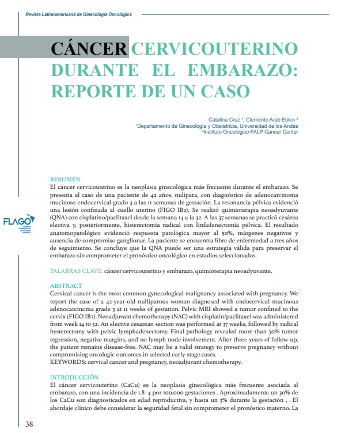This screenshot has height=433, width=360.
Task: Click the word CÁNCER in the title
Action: pyautogui.click(x=88, y=49)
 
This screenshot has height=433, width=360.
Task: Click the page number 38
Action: pyautogui.click(x=31, y=424)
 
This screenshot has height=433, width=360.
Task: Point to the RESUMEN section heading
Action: pyautogui.click(x=66, y=180)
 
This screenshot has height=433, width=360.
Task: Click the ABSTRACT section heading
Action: pyautogui.click(x=66, y=286)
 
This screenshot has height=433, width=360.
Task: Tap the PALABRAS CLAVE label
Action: pyautogui.click(x=77, y=271)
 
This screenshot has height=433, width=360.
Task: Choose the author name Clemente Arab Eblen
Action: pyautogui.click(x=274, y=119)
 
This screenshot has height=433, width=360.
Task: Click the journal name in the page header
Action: pyautogui.click(x=75, y=13)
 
